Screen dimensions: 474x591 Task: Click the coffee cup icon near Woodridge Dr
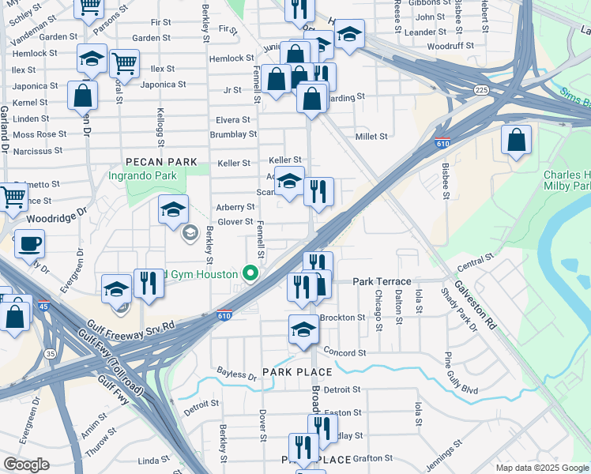coord(29,243)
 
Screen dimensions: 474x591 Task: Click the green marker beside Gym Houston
coord(251,274)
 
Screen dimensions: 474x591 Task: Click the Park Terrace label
coord(382,281)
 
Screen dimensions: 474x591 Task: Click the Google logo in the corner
coord(26,464)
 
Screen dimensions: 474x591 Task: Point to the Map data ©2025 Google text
coord(542,468)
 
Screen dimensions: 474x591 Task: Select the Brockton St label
coord(343,317)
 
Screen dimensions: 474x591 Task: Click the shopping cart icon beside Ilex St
coord(124,62)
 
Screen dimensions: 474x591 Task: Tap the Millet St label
coord(371,136)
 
